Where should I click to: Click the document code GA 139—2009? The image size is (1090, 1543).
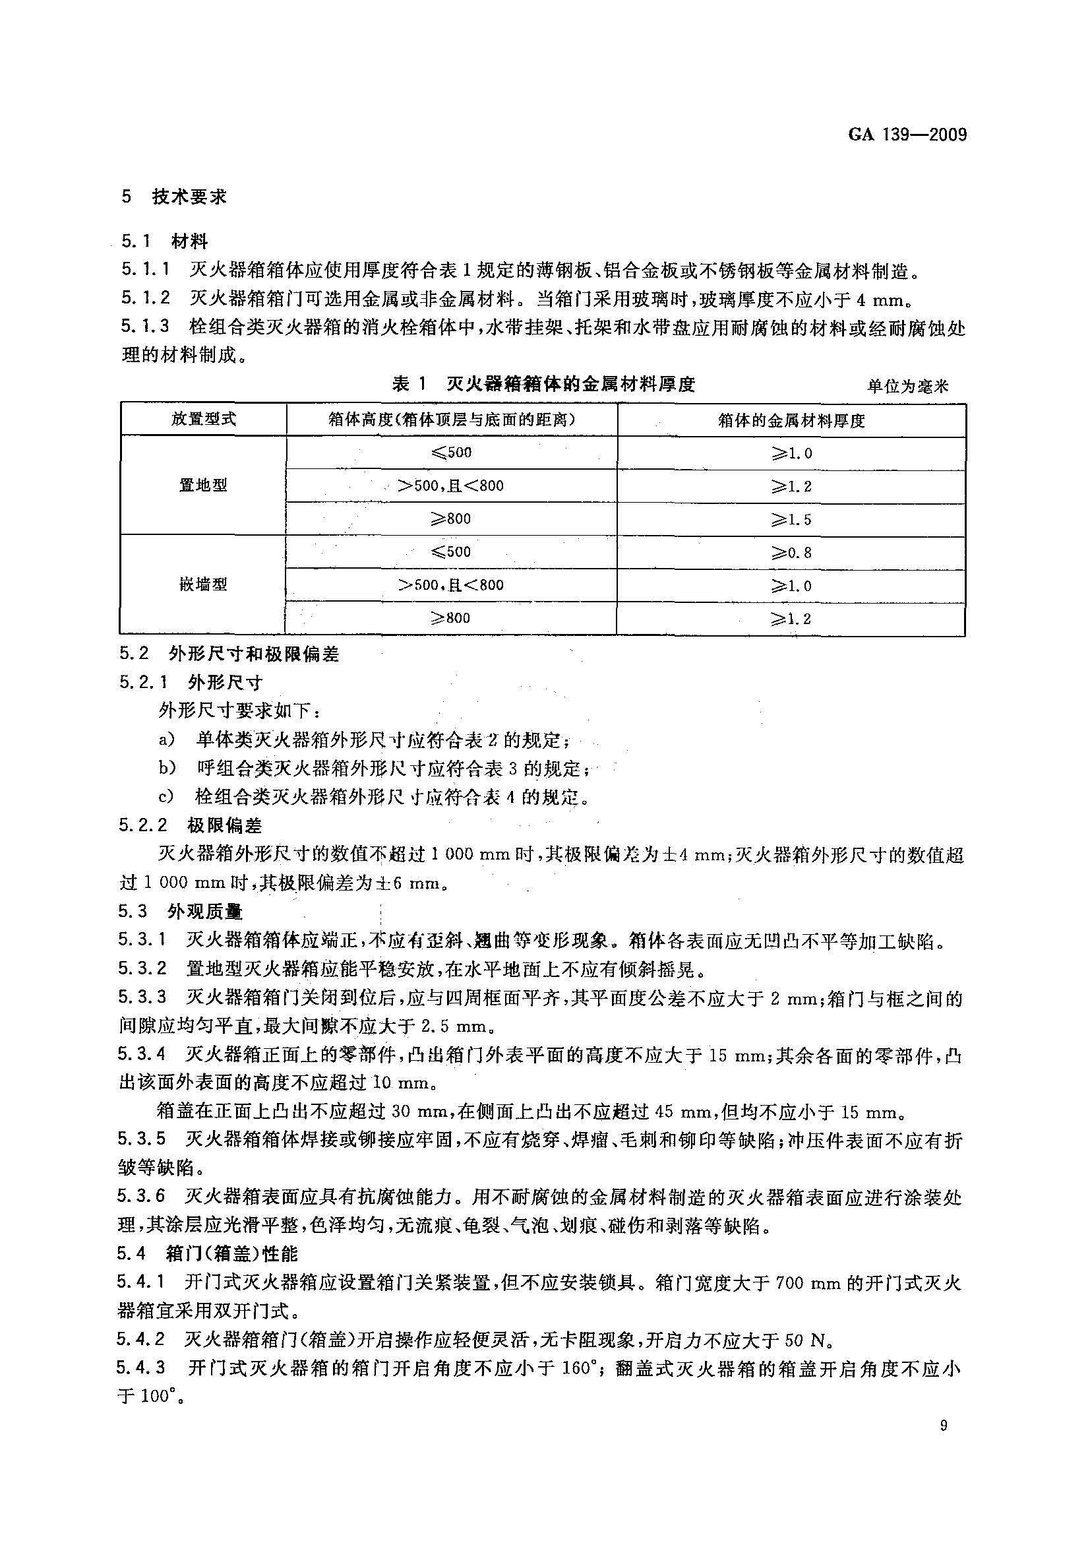[x=907, y=135]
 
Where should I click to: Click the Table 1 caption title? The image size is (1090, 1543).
[x=543, y=385]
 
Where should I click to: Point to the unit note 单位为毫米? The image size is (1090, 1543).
[x=907, y=387]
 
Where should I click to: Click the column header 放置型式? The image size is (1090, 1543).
[x=204, y=419]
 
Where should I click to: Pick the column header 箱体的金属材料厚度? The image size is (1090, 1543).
[x=791, y=420]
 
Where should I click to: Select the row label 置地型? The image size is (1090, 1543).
[x=204, y=486]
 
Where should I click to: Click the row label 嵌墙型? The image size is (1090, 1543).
[x=204, y=584]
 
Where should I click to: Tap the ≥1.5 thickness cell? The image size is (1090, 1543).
[x=791, y=519]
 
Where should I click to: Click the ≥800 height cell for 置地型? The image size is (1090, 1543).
[x=450, y=519]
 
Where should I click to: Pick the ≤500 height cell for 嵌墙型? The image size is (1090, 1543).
[x=450, y=551]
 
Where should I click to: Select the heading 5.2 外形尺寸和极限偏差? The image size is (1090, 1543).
[x=229, y=654]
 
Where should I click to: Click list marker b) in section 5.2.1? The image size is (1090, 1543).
[x=167, y=768]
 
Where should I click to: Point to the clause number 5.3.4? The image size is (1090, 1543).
[x=142, y=1055]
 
